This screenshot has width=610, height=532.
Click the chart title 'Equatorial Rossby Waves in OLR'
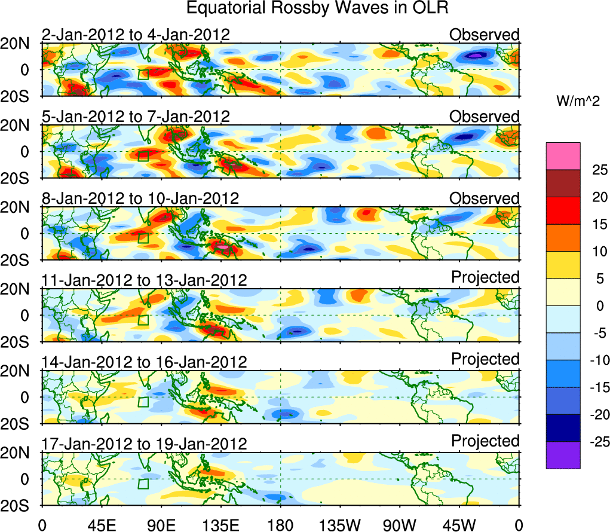tap(317, 8)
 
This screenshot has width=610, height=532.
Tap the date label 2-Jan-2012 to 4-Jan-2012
tap(136, 35)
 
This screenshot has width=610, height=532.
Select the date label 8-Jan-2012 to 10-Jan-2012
tap(140, 198)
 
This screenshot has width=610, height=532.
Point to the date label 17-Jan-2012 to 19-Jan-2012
tap(144, 444)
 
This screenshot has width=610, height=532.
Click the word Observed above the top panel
tap(485, 35)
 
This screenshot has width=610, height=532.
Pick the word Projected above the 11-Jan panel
tap(485, 277)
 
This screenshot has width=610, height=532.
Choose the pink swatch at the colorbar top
tap(563, 156)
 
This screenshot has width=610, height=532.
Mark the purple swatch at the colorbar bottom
tap(563, 455)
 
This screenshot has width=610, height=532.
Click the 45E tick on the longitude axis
tap(101, 525)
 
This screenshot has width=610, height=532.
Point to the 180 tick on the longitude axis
tap(280, 525)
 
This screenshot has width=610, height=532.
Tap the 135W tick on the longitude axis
tap(340, 525)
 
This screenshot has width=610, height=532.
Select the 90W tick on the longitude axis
tap(400, 525)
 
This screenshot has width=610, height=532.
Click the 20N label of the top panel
tap(20, 44)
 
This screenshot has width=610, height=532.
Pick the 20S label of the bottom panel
tap(20, 505)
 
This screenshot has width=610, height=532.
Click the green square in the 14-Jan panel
tap(143, 402)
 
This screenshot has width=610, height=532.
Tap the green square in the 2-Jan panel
tap(143, 74)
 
